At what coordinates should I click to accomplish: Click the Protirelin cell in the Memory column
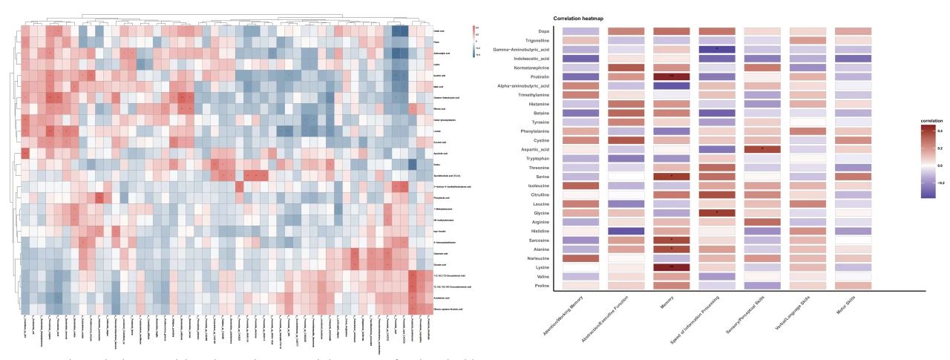(x=675, y=76)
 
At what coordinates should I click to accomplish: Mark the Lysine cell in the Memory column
(x=675, y=266)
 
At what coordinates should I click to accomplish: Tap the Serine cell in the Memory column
(x=675, y=176)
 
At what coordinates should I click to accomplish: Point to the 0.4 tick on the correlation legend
(x=940, y=131)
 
